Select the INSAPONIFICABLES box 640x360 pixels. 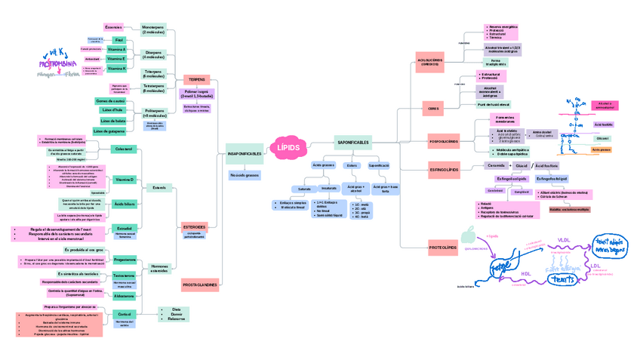[244, 154]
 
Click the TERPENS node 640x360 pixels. [196, 79]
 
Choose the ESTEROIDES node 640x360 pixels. [194, 226]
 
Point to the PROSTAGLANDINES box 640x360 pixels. [199, 285]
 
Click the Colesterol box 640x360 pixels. [123, 149]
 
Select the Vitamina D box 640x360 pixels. [124, 180]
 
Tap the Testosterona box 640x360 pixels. [124, 275]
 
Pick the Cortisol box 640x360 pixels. [125, 314]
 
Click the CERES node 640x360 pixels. [433, 109]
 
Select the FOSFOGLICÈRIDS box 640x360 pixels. [443, 141]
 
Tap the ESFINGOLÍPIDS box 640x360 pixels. [444, 170]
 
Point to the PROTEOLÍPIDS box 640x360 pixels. [442, 247]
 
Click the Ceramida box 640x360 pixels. [496, 165]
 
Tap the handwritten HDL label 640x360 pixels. [526, 274]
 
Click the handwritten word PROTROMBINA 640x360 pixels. [60, 64]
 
